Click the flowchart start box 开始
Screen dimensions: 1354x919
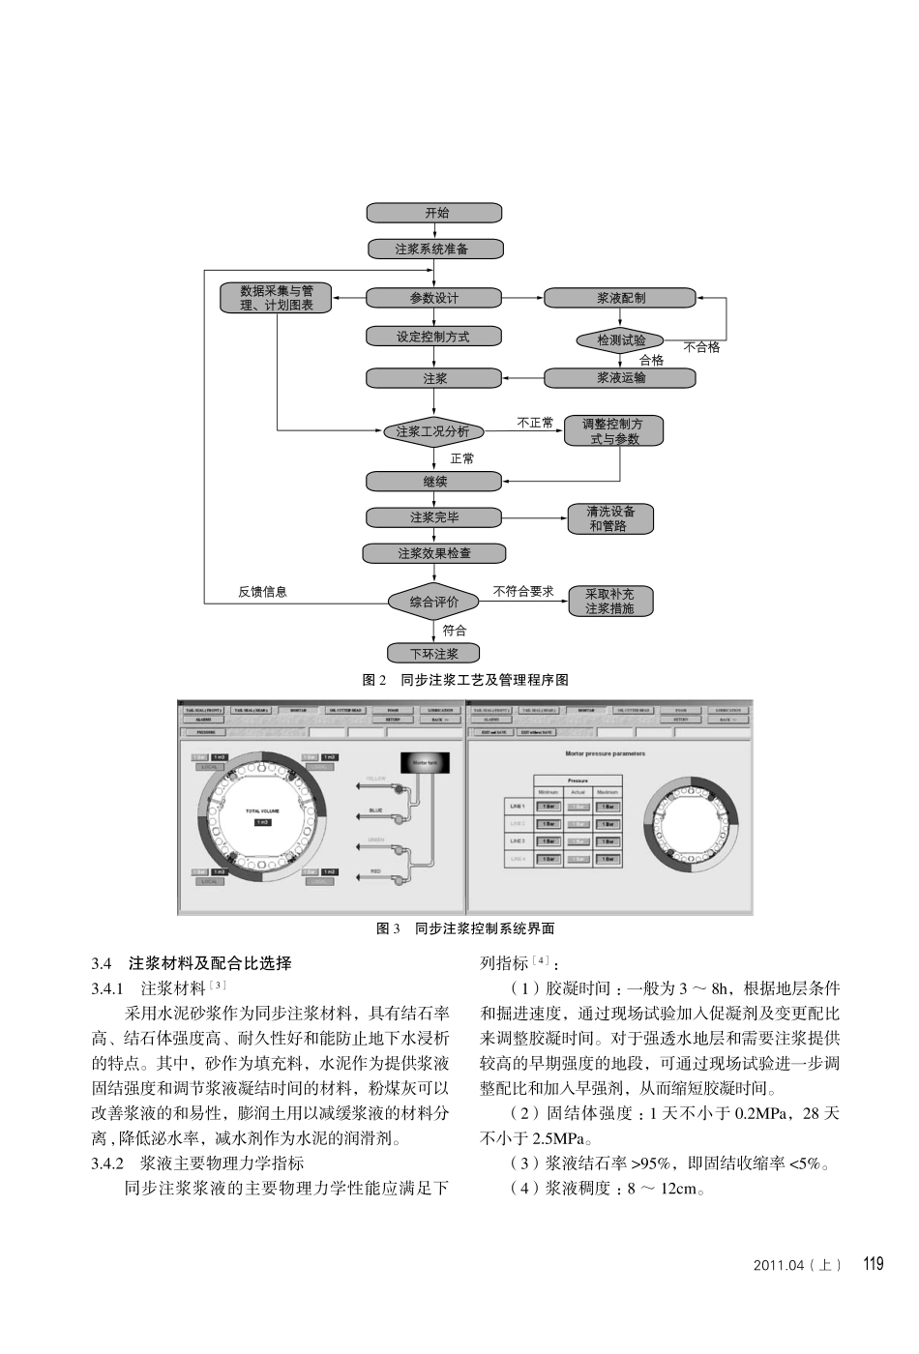click(x=434, y=213)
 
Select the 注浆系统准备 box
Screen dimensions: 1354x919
click(x=434, y=249)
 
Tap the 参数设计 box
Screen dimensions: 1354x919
click(x=434, y=298)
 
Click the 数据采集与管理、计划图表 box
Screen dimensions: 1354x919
click(x=277, y=298)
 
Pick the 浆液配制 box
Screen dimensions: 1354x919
click(x=620, y=298)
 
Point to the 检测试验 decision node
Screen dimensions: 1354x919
click(x=620, y=340)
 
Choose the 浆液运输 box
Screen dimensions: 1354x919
click(x=620, y=378)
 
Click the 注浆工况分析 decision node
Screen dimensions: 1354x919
click(x=432, y=431)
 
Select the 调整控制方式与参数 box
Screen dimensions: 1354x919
click(x=615, y=431)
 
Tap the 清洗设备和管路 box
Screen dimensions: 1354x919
click(x=609, y=518)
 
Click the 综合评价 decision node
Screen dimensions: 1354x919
click(x=433, y=602)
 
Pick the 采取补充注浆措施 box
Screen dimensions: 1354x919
click(x=609, y=602)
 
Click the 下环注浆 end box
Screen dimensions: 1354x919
click(x=433, y=654)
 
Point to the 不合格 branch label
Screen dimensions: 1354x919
click(x=701, y=347)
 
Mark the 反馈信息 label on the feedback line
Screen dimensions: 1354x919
click(x=262, y=592)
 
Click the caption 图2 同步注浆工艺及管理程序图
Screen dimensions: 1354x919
click(x=465, y=680)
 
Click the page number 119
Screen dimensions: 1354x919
click(x=873, y=1264)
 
